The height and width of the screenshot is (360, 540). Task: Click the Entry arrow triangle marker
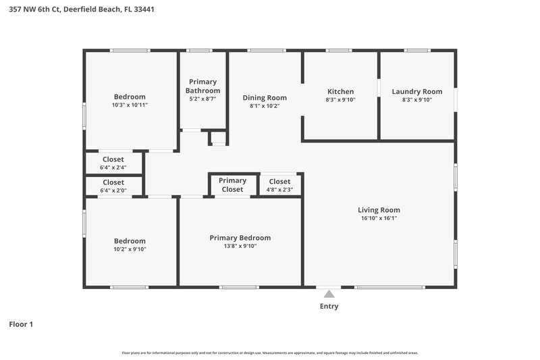click(329, 294)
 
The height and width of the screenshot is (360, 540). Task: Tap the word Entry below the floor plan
click(329, 307)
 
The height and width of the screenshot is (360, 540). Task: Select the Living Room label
click(379, 210)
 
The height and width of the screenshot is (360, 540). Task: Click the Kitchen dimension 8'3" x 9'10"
click(340, 100)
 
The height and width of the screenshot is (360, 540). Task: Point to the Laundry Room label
click(416, 92)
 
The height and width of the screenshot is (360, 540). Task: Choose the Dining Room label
click(265, 98)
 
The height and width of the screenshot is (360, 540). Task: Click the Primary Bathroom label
click(202, 86)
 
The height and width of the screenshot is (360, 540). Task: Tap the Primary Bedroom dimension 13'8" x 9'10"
click(240, 247)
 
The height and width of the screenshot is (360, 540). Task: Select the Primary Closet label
click(233, 185)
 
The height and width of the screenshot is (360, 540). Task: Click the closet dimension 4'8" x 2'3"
click(279, 190)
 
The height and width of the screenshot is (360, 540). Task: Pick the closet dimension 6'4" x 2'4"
click(113, 168)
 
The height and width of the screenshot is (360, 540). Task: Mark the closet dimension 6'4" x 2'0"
click(113, 190)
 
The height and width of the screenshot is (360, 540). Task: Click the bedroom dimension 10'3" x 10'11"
click(130, 105)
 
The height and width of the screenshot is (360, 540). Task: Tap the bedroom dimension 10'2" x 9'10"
click(130, 249)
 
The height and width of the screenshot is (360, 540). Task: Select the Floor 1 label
click(21, 324)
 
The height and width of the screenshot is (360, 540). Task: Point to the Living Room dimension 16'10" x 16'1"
click(379, 218)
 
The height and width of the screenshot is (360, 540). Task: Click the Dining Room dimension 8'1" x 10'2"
click(265, 106)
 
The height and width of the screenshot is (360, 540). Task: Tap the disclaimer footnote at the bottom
click(270, 353)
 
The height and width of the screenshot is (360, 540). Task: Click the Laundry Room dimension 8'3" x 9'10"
click(416, 100)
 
